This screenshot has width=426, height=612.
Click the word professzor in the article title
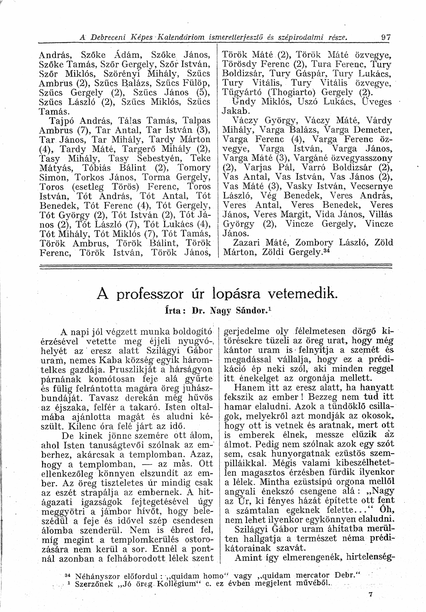pyautogui.click(x=150, y=294)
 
